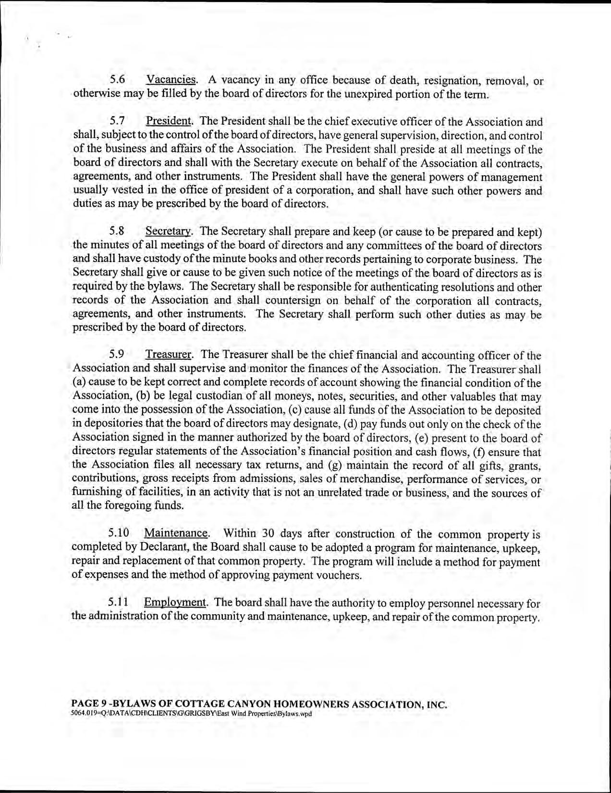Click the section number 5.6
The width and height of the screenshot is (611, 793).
[x=118, y=79]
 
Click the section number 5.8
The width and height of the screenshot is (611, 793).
[x=118, y=231]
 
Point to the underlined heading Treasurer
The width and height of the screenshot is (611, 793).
[x=169, y=355]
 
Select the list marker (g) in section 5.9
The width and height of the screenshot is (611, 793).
[x=334, y=465]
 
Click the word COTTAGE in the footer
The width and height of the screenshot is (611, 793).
[x=209, y=705]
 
